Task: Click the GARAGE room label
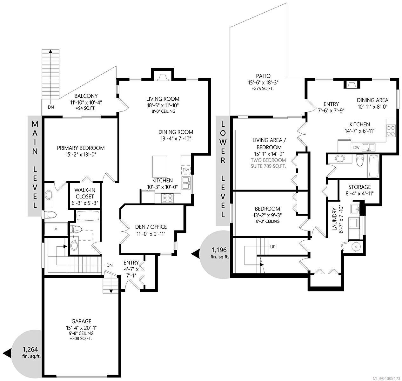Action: coord(81,321)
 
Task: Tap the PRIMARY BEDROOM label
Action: coord(81,148)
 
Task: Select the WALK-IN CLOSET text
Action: coord(85,193)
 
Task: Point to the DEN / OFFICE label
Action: coord(151,227)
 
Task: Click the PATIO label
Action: coord(263,76)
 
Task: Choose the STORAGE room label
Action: coord(359,187)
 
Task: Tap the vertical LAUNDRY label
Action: coord(334,219)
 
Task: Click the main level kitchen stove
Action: coord(168,198)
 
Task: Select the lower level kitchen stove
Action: coord(391,131)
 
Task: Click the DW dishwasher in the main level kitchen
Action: coord(186,170)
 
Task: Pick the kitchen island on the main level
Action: coord(159,167)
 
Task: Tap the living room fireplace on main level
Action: coord(163,77)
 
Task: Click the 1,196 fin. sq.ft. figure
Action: coord(219,253)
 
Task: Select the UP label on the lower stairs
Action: coord(273,247)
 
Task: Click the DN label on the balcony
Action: coord(51,107)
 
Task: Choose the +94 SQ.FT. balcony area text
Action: coord(86,108)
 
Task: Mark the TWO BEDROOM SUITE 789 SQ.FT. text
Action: coord(268,163)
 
